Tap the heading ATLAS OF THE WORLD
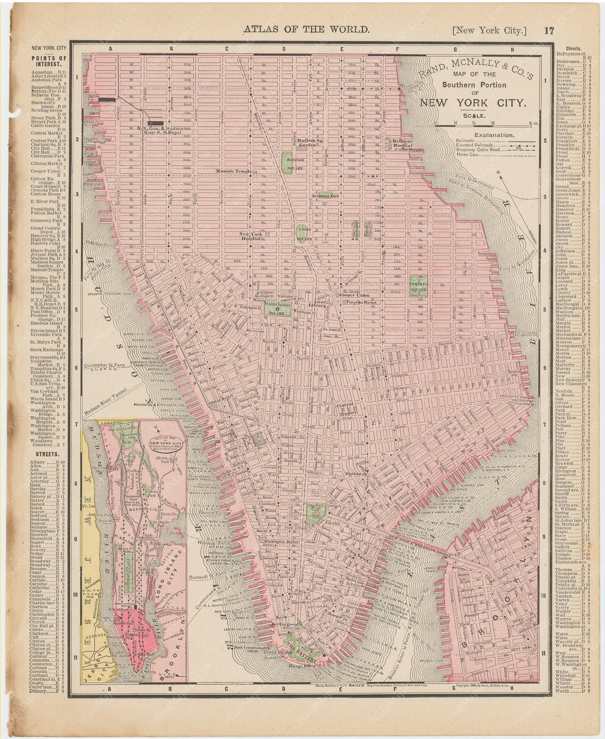pos(306,29)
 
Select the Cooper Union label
pos(354,295)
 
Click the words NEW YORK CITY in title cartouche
pos(473,103)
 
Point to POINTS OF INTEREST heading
pos(49,61)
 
